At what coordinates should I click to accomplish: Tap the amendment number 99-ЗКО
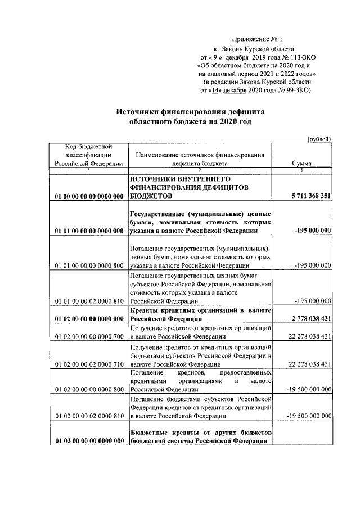[296, 89]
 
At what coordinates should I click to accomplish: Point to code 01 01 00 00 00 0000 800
[89, 265]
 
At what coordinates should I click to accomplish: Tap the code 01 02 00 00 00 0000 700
[89, 337]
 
